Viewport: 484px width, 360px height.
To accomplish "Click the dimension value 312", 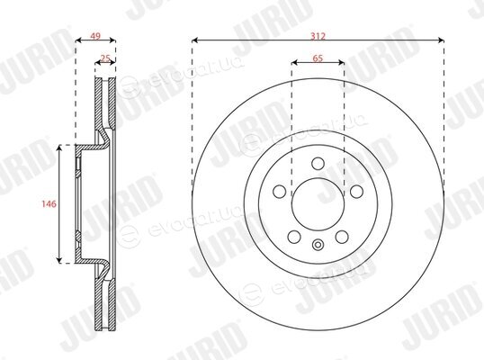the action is coord(318,36).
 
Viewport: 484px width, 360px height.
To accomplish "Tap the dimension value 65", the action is coord(318,58).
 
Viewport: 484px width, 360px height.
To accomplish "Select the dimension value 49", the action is coord(95,36).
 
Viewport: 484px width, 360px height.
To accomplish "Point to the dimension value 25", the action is coord(105,58).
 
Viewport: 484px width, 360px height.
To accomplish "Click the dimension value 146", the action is coord(49,203).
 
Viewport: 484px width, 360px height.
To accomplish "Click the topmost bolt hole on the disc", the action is coord(318,163).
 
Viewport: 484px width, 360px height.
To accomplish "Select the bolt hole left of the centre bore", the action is coord(280,192).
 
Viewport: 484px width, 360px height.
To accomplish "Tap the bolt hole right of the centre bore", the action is coord(356,192).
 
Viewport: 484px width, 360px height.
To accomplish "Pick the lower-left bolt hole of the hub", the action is coord(294,237).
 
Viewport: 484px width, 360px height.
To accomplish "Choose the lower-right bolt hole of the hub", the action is coord(342,237).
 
